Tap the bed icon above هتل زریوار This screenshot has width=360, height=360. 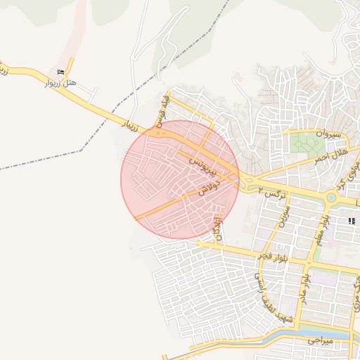(60, 72)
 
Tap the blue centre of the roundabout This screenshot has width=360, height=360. (331, 198)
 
